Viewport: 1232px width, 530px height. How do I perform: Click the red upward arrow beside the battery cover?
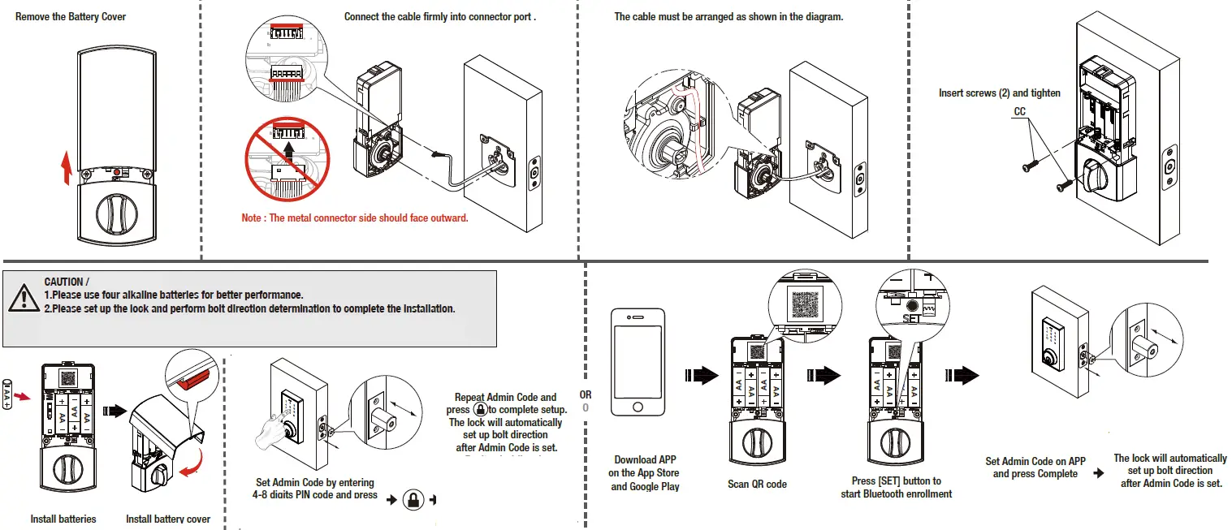pyautogui.click(x=67, y=170)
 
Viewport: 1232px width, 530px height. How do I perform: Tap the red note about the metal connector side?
pyautogui.click(x=355, y=218)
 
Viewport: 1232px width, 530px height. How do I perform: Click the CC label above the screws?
pyautogui.click(x=1020, y=111)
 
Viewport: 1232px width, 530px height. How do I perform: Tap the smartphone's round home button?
pyautogui.click(x=638, y=406)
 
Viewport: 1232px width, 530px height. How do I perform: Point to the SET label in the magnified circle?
pyautogui.click(x=913, y=319)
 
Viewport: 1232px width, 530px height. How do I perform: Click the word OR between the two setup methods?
pyautogui.click(x=586, y=394)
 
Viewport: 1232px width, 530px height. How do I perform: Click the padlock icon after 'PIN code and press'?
pyautogui.click(x=413, y=500)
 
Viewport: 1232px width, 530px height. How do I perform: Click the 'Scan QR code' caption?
pyautogui.click(x=757, y=484)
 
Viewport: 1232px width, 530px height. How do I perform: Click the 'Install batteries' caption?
pyautogui.click(x=63, y=519)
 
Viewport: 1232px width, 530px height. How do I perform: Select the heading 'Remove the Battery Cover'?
pyautogui.click(x=71, y=17)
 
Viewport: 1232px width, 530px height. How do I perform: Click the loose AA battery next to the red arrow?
pyautogui.click(x=7, y=394)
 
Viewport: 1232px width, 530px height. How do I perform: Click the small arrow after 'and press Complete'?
pyautogui.click(x=1099, y=473)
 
